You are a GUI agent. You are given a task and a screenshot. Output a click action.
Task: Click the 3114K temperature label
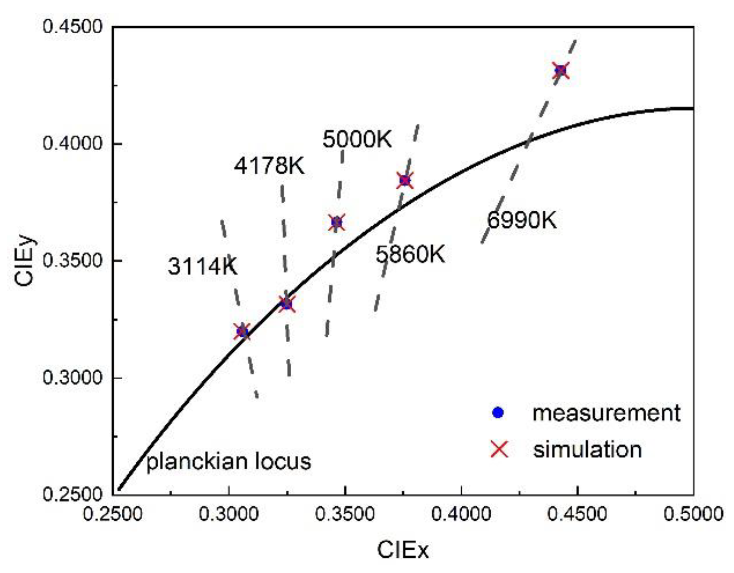[x=202, y=266]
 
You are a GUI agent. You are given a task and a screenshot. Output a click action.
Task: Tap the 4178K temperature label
[x=269, y=166]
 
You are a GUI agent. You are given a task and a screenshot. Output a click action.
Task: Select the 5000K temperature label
[x=357, y=139]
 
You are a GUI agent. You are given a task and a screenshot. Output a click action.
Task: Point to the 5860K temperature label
[x=410, y=254]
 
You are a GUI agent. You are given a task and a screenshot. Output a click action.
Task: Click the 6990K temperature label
[x=522, y=220]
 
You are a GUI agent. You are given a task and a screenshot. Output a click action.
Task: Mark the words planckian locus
[x=228, y=461]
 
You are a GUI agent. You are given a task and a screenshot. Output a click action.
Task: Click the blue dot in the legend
[x=498, y=413]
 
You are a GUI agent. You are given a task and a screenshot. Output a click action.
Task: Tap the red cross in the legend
[x=499, y=449]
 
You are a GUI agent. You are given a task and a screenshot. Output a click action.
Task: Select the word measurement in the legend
[x=606, y=413]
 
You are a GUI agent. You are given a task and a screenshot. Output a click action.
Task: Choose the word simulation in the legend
[x=587, y=449]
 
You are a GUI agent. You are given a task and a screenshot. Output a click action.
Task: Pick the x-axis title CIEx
[x=402, y=550]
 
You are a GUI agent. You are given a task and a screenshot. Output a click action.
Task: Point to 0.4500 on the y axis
[x=72, y=27]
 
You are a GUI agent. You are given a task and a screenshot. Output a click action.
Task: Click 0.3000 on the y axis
[x=72, y=377]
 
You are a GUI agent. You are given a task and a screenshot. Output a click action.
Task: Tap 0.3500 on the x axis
[x=345, y=514]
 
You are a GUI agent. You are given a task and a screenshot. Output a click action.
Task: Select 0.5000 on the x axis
[x=693, y=514]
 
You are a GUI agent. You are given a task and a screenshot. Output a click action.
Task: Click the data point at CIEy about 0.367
[x=337, y=222]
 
